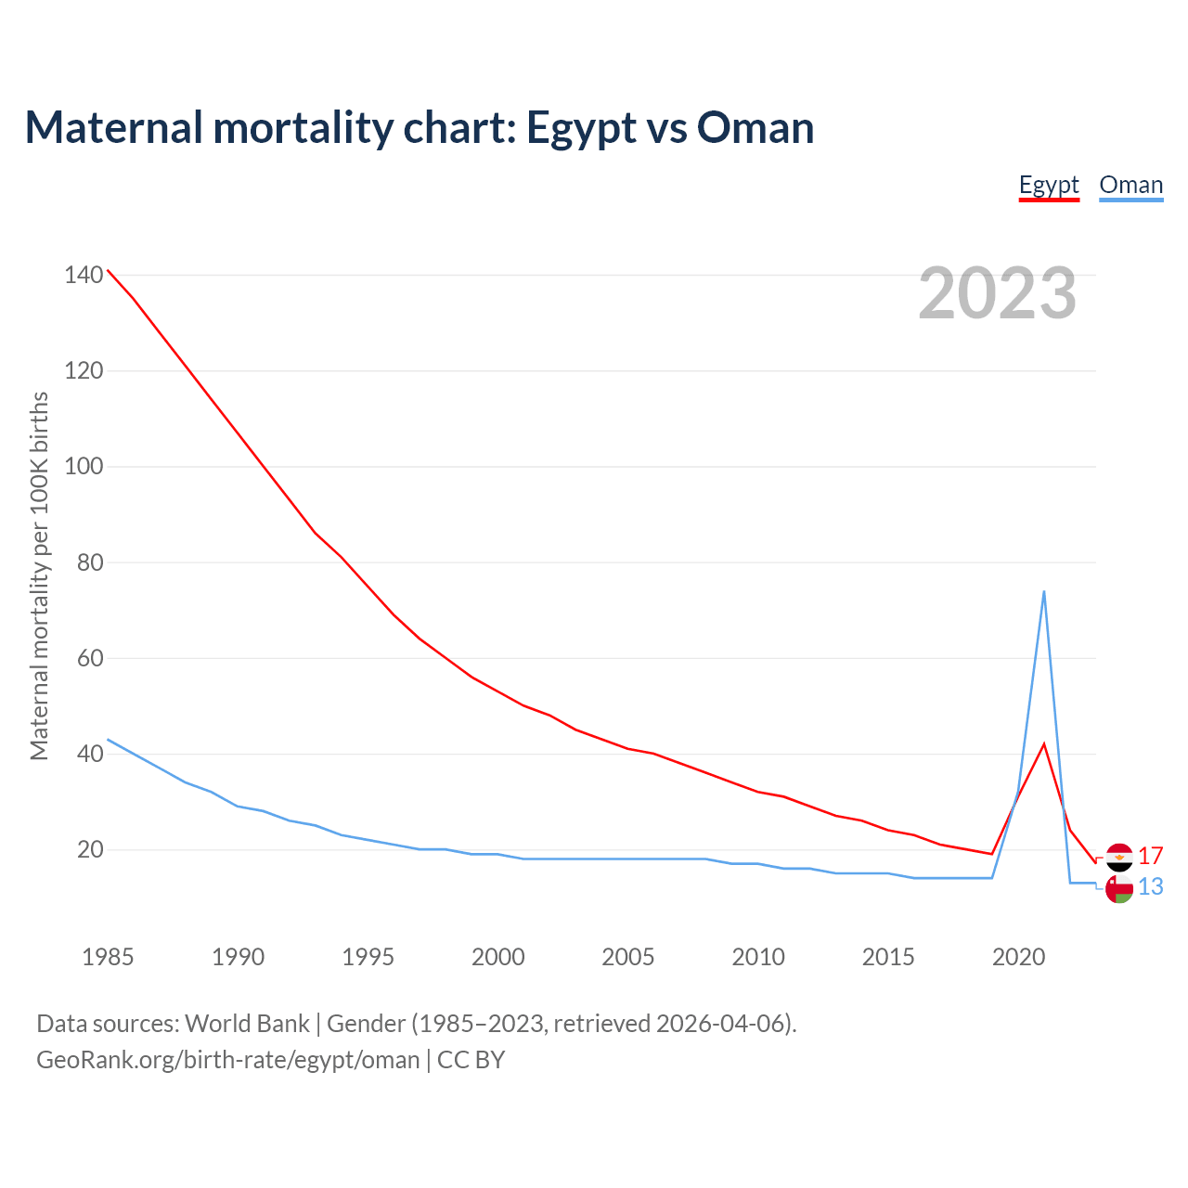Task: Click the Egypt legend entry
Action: tap(1049, 185)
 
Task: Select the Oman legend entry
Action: tap(1130, 185)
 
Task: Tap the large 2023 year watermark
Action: tap(997, 293)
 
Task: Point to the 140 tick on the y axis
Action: tap(84, 275)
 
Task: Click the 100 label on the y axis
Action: tap(84, 466)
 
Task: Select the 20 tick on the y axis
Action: tap(90, 849)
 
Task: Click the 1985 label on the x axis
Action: tap(108, 957)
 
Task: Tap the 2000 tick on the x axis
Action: tap(498, 957)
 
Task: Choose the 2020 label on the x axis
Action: tap(1018, 957)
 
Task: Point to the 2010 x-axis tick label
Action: tap(758, 957)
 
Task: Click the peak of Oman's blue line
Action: tap(1044, 591)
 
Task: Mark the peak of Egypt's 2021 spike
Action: tap(1044, 743)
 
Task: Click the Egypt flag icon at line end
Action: tap(1118, 857)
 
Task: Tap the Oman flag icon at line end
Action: tap(1118, 889)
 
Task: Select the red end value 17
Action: tap(1151, 856)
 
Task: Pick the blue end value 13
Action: tap(1151, 887)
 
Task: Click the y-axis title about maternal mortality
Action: tap(39, 575)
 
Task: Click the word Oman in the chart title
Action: tap(755, 127)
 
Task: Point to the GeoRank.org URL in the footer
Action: tap(227, 1060)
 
